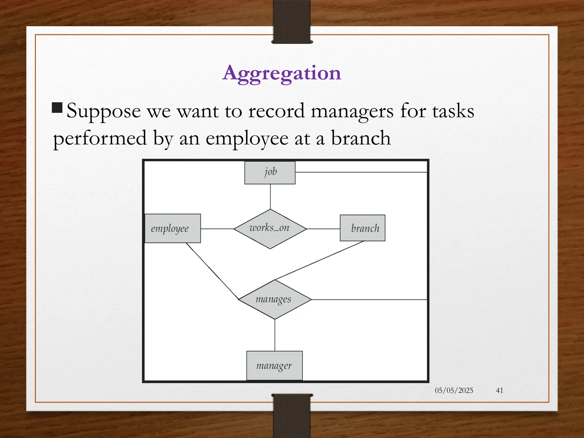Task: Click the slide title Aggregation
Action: click(281, 73)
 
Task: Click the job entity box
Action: click(270, 173)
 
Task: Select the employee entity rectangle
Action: click(173, 228)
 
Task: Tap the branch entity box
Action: click(362, 228)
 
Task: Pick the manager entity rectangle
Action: click(274, 366)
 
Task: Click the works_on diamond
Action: click(270, 229)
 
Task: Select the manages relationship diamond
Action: click(275, 299)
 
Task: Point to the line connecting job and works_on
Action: click(270, 197)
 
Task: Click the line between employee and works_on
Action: click(217, 229)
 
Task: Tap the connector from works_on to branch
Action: click(323, 229)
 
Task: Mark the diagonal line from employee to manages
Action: click(212, 271)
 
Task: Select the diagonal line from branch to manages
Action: click(319, 260)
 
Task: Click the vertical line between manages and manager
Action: click(275, 335)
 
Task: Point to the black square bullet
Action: click(57, 108)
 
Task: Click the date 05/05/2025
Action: click(454, 390)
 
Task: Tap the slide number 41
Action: click(500, 390)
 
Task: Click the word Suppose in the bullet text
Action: click(104, 111)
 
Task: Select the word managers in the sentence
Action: click(352, 111)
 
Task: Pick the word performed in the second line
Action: click(100, 138)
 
